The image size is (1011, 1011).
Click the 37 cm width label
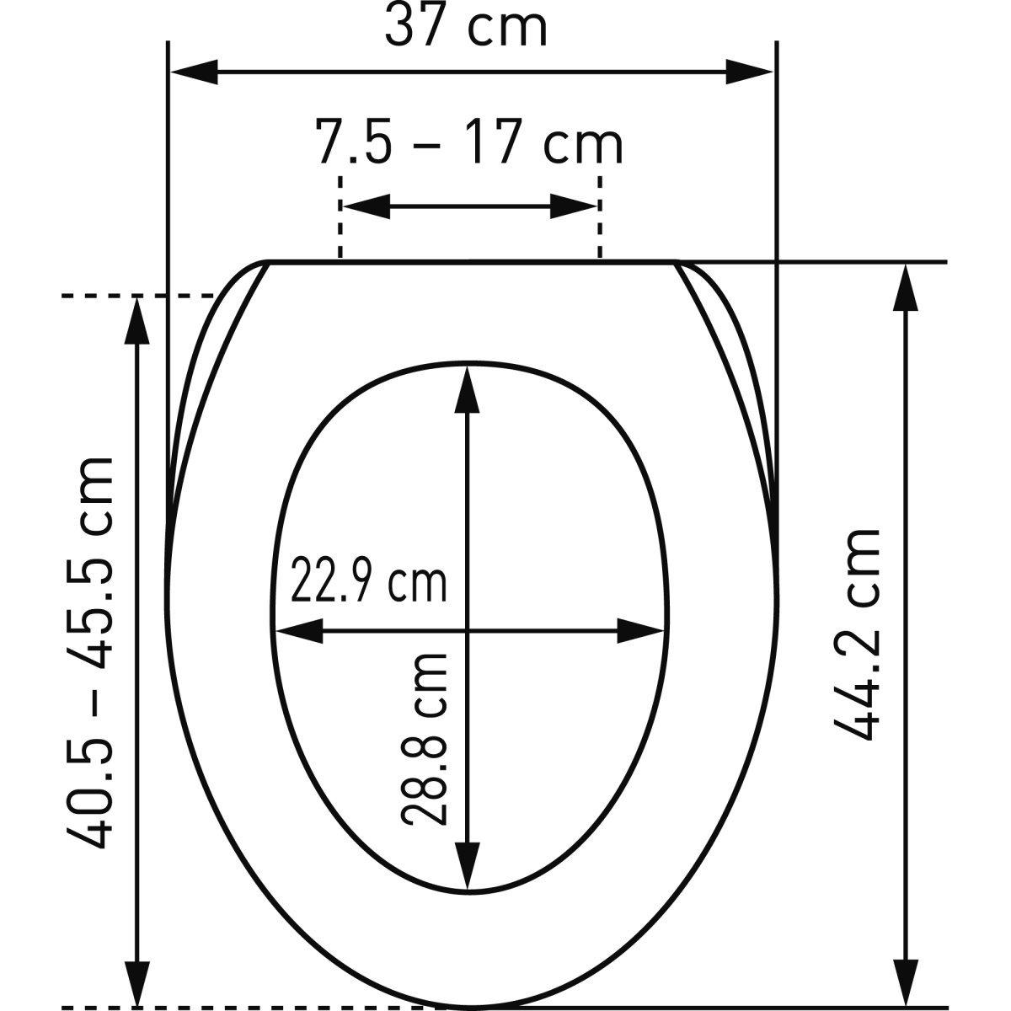[x=466, y=26]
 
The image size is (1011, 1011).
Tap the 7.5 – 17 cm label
[x=470, y=142]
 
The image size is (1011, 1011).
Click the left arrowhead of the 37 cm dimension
[x=195, y=72]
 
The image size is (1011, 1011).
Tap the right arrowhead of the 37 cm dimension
[x=749, y=72]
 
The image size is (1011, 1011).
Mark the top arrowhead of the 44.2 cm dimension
[x=905, y=289]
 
